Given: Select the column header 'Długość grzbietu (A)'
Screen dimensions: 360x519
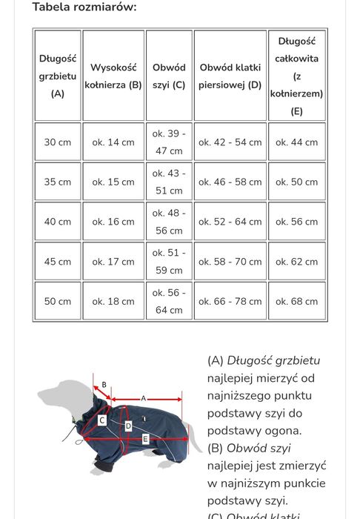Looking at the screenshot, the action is pyautogui.click(x=58, y=76).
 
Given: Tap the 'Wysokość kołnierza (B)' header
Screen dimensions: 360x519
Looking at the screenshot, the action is pyautogui.click(x=113, y=76).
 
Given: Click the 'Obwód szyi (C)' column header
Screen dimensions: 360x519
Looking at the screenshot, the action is pyautogui.click(x=169, y=76).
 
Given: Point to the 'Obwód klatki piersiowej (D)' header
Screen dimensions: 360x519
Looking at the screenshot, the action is pyautogui.click(x=230, y=76).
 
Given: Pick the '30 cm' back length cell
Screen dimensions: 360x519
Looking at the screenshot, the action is pyautogui.click(x=58, y=142).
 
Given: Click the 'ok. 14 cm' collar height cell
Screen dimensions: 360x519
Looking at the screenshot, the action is pyautogui.click(x=113, y=142).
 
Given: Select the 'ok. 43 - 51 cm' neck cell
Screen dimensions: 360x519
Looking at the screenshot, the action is pyautogui.click(x=169, y=182).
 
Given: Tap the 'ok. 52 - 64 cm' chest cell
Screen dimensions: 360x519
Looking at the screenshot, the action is pyautogui.click(x=230, y=222).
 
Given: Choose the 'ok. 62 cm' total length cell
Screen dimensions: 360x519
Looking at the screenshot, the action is pyautogui.click(x=296, y=262).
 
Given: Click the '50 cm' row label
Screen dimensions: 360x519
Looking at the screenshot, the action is pyautogui.click(x=58, y=302).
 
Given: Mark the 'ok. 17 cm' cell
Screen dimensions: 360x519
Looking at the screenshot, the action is pyautogui.click(x=113, y=262).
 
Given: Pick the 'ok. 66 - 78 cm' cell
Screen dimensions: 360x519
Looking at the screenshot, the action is pyautogui.click(x=230, y=302).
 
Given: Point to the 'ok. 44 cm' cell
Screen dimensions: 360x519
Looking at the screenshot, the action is pyautogui.click(x=296, y=142).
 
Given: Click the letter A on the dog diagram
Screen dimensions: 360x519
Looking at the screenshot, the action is pyautogui.click(x=143, y=397).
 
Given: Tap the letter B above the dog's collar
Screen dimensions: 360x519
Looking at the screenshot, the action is pyautogui.click(x=104, y=385).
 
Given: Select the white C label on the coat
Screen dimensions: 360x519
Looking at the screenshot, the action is pyautogui.click(x=103, y=420).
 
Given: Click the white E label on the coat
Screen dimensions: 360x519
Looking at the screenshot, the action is pyautogui.click(x=146, y=440).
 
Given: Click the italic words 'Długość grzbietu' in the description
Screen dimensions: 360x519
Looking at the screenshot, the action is pyautogui.click(x=273, y=361).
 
